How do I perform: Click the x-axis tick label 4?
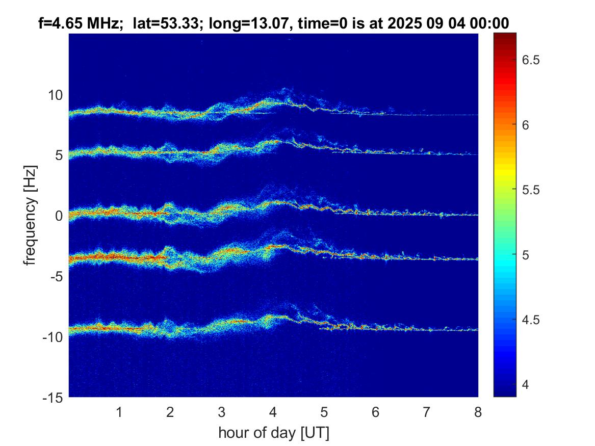[x=273, y=412]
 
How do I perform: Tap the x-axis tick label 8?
[x=478, y=412]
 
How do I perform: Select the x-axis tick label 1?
[x=119, y=412]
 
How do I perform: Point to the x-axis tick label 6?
[x=375, y=412]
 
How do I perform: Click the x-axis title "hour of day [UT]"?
[x=273, y=433]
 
